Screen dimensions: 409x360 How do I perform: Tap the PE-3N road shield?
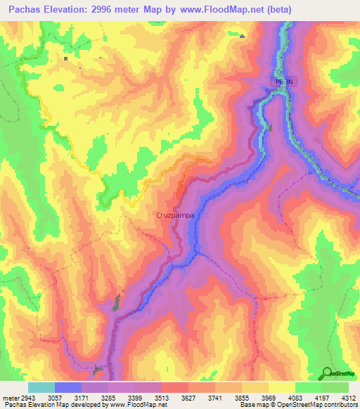(x=282, y=82)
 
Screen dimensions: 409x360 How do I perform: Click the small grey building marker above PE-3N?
(x=243, y=37)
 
